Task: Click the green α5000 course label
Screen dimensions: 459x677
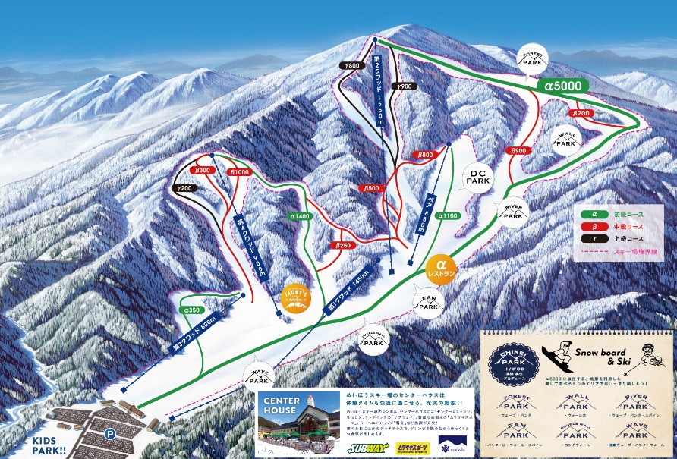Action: coord(562,86)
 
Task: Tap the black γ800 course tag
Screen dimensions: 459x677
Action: coord(351,66)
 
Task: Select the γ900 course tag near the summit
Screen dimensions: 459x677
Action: coord(403,86)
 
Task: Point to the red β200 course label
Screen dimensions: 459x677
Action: coord(581,113)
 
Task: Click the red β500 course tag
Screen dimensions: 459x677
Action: coord(370,188)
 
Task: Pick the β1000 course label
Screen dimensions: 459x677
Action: coord(238,173)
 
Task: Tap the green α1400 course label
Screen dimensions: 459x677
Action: coord(300,216)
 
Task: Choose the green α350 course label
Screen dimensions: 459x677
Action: coord(190,310)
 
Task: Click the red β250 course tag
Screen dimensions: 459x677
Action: coord(343,245)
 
